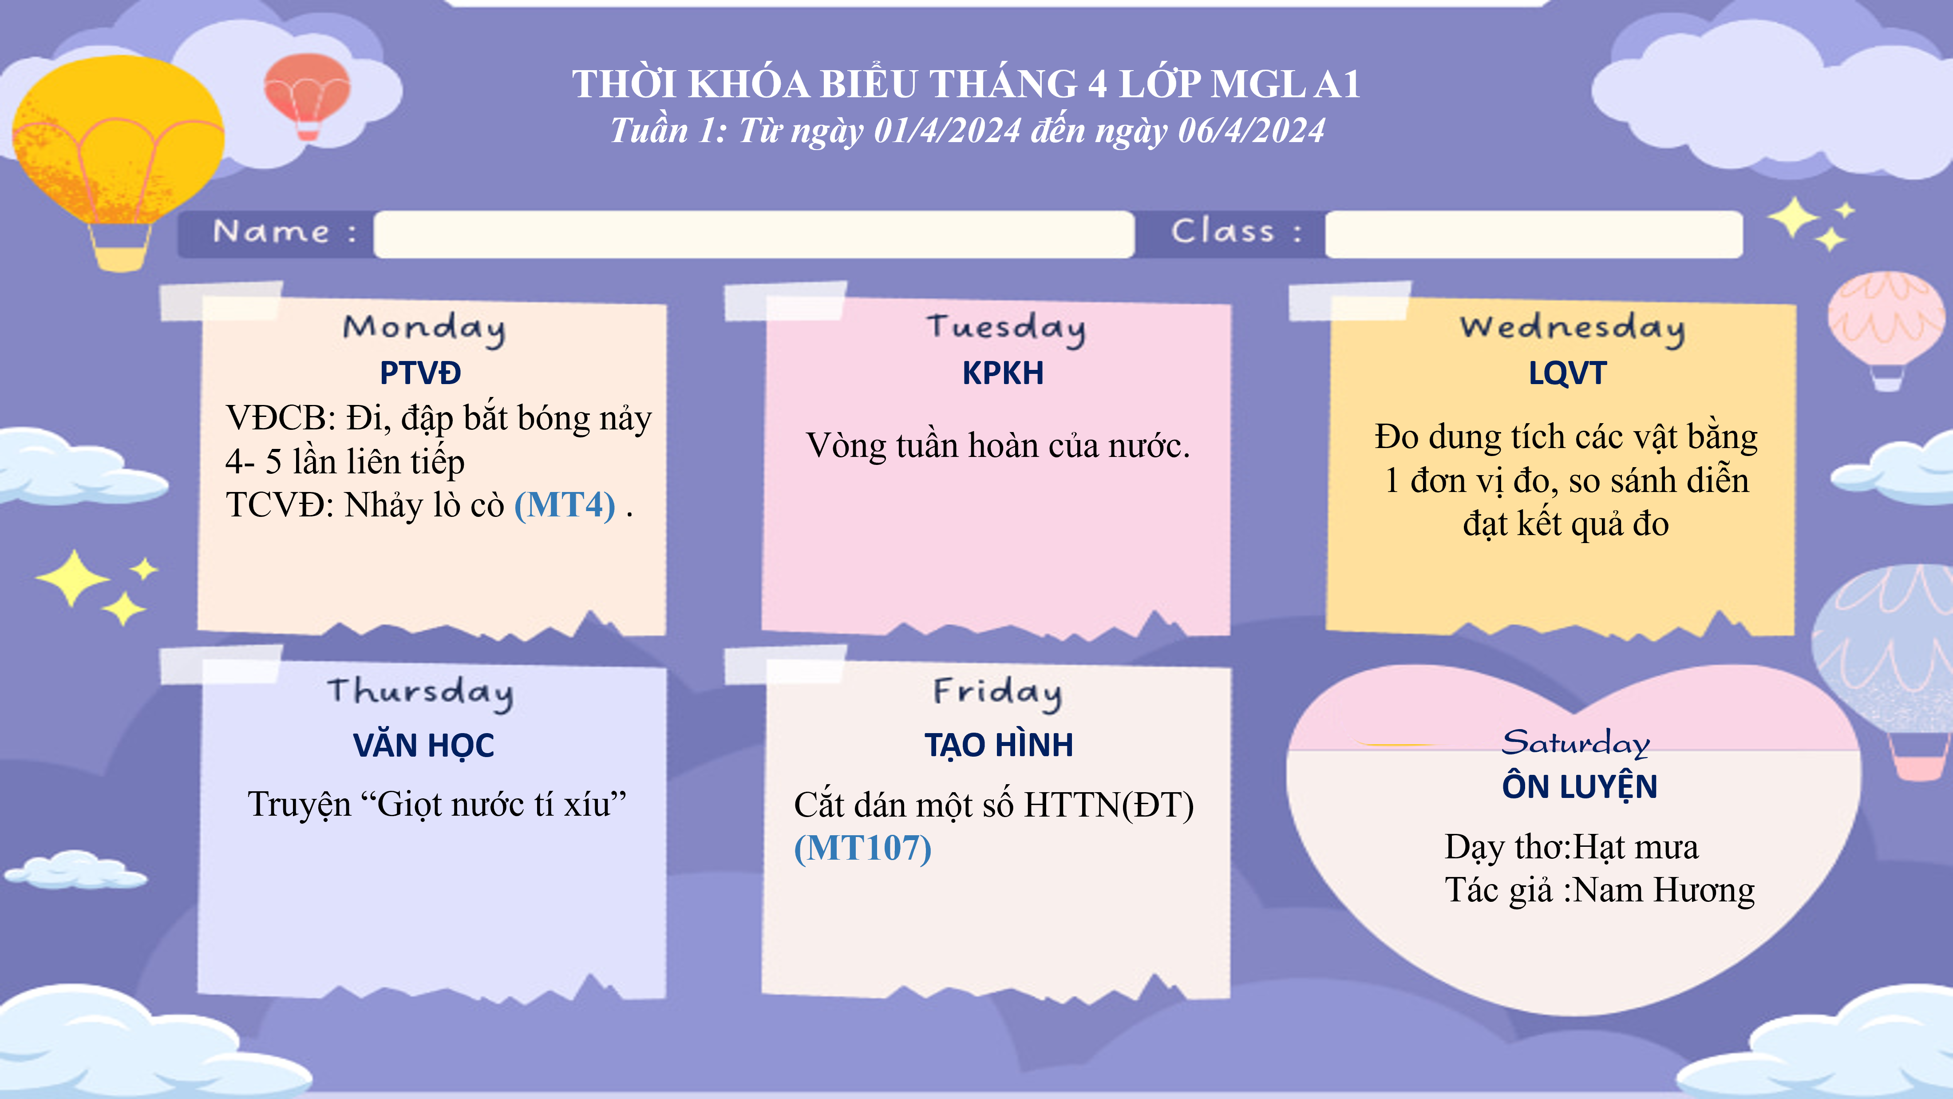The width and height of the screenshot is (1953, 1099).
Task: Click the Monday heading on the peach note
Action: point(424,329)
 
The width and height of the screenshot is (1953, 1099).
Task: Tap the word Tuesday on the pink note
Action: point(1005,329)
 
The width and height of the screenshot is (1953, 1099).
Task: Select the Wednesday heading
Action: point(1573,329)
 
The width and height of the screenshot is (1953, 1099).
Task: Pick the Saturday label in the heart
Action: point(1575,742)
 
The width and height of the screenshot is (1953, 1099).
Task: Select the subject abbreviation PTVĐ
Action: point(420,373)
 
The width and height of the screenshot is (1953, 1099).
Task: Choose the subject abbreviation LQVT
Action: point(1567,373)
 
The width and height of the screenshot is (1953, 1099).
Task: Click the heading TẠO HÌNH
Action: point(999,745)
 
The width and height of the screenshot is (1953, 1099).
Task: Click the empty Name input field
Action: point(754,234)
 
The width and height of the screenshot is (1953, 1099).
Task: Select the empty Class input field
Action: point(1534,234)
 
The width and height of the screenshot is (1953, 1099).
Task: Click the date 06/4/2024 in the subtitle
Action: point(1251,131)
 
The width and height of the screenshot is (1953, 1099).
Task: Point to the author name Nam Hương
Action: point(1664,890)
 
